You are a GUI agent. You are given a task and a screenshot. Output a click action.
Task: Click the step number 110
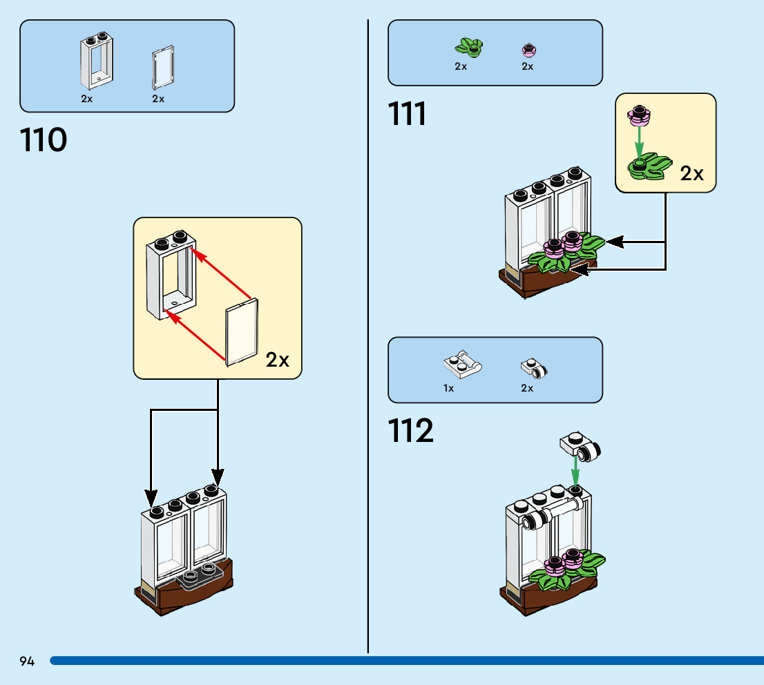(44, 139)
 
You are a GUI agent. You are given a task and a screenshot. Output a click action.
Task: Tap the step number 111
(407, 113)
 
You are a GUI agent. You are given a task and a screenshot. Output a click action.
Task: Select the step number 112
(411, 431)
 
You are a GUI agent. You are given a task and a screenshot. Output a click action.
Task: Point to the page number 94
(27, 661)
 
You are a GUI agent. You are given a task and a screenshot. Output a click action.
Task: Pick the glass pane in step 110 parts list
(163, 67)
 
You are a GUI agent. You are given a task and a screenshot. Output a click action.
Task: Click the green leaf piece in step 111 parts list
(469, 48)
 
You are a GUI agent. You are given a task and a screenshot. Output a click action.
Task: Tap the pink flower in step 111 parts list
(528, 50)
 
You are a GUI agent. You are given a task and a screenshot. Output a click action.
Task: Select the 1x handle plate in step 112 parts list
(462, 365)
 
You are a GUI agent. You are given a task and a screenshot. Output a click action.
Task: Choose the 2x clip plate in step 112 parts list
(534, 368)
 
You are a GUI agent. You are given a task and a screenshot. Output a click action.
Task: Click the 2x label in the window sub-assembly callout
(277, 360)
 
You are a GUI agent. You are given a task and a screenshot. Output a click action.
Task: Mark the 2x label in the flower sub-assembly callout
(692, 173)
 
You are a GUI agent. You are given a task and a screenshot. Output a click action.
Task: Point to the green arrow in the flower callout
(640, 142)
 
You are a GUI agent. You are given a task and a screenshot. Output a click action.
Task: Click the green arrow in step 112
(575, 470)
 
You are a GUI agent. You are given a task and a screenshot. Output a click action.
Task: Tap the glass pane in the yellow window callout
(242, 331)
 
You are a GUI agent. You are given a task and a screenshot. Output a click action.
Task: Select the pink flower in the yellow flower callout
(639, 115)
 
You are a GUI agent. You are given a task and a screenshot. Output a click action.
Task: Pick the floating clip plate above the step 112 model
(580, 446)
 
